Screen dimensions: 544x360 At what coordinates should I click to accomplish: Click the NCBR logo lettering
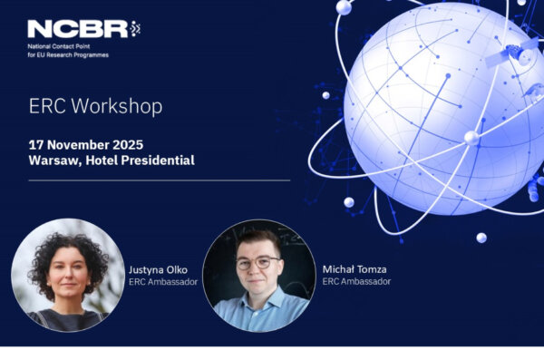point(78,29)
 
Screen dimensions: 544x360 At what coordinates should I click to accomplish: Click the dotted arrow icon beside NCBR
point(135,29)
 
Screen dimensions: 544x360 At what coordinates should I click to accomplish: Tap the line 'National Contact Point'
point(59,46)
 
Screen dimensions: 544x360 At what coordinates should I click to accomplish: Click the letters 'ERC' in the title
point(47,106)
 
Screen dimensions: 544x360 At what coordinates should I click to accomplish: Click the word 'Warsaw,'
point(55,161)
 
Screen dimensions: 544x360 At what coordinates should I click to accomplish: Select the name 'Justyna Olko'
point(158,269)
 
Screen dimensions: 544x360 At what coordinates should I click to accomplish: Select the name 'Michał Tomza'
point(355,269)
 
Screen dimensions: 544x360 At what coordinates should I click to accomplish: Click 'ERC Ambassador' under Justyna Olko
point(163,281)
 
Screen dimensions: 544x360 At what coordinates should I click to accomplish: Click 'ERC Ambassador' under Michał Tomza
point(356,281)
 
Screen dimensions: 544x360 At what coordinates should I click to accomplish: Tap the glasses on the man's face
point(258,263)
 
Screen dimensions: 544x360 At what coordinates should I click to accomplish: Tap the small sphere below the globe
point(481,238)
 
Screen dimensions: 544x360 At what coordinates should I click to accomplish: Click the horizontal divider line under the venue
point(160,180)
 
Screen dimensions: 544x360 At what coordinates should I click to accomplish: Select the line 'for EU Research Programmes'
point(68,55)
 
